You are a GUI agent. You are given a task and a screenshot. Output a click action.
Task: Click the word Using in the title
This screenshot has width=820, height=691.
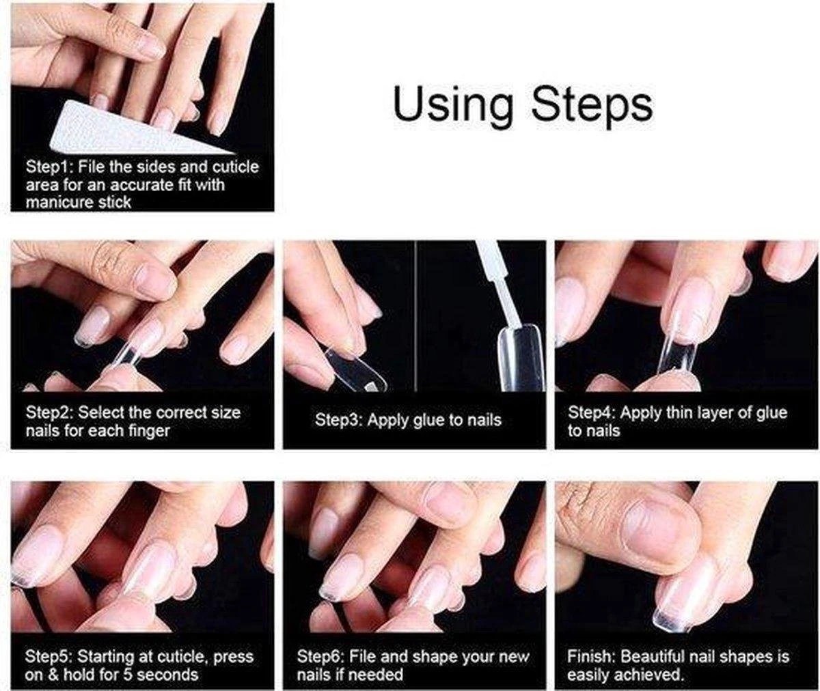(452, 106)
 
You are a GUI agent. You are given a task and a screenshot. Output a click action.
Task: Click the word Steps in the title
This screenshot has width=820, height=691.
(592, 106)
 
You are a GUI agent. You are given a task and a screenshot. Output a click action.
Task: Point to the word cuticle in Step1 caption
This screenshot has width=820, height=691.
(235, 167)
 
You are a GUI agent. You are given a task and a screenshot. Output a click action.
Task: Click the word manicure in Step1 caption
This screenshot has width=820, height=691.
(59, 203)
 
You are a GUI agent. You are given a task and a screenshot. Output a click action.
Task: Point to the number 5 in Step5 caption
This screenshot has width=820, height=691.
(127, 675)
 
